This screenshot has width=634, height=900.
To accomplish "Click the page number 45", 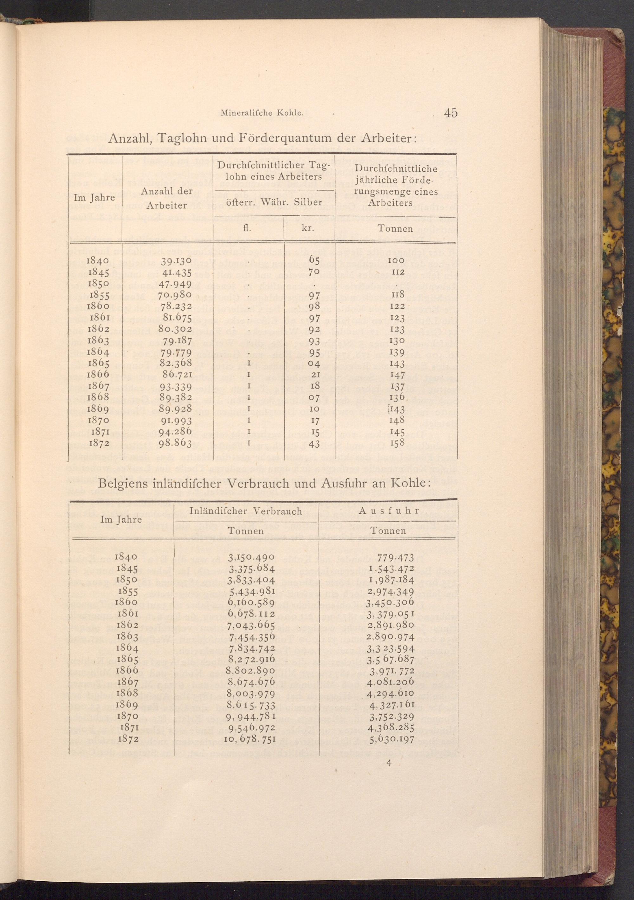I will tap(451, 113).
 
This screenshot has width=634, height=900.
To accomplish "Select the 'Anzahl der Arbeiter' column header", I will tap(167, 198).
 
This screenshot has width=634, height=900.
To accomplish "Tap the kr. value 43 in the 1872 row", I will tap(315, 444).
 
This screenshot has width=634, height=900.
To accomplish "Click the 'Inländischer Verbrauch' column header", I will tap(246, 511).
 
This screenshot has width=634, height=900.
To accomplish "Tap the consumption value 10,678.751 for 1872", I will tap(250, 739).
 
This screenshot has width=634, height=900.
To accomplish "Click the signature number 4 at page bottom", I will tap(389, 763).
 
